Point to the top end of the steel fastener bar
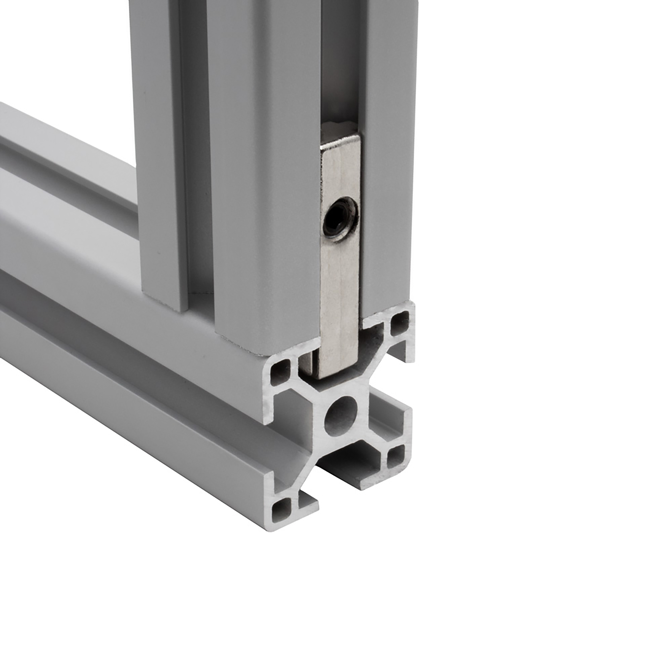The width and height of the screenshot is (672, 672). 339,129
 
